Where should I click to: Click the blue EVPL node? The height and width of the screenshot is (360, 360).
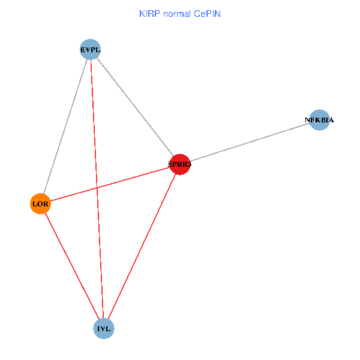tap(90, 50)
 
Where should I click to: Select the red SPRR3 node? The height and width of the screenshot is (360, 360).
tap(179, 164)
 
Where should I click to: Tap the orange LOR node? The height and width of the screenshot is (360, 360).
tap(40, 204)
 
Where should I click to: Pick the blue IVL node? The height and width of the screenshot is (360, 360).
tap(104, 329)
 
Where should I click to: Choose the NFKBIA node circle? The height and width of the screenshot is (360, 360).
tap(319, 120)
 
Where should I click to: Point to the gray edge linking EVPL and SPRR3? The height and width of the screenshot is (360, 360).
tap(135, 107)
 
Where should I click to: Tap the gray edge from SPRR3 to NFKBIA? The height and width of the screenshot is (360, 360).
tap(249, 142)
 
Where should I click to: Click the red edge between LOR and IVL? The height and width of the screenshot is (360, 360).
tap(72, 266)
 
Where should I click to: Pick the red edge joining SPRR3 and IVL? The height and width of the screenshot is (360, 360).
tap(142, 246)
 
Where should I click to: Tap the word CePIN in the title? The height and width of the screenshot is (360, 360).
tap(207, 13)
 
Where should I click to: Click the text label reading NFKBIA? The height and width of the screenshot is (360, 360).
tap(319, 120)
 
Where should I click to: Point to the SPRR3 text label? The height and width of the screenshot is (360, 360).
tap(179, 164)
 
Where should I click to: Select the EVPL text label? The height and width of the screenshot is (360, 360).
tap(90, 50)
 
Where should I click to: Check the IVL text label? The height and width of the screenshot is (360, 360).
tap(104, 329)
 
